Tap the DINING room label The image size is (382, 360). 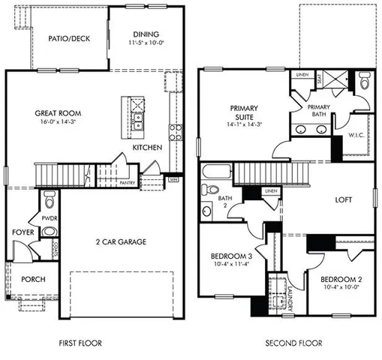click(x=146, y=34)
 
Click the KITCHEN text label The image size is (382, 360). click(x=146, y=148)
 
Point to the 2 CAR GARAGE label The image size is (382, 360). click(x=120, y=241)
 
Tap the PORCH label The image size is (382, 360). click(x=33, y=279)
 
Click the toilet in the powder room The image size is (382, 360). click(x=50, y=200)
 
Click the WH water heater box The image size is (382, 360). click(x=173, y=179)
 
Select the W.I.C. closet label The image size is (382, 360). click(x=356, y=135)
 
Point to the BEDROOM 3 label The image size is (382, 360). click(x=230, y=257)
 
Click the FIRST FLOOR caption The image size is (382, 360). click(x=80, y=343)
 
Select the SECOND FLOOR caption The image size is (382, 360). click(x=293, y=343)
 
